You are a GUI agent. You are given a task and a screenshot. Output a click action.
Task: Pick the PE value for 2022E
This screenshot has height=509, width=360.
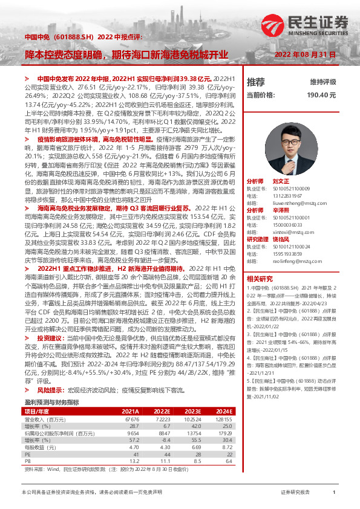tap(165, 437)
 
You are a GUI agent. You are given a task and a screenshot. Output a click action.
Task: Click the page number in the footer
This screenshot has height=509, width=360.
tap(334, 493)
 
